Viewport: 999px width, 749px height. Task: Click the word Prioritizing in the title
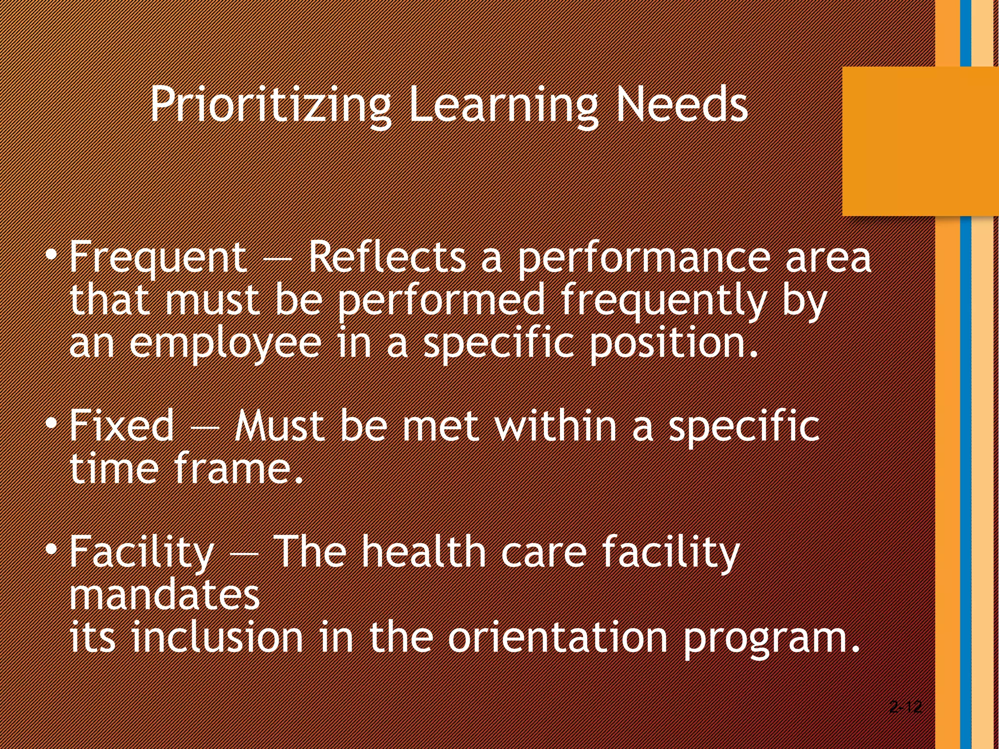pyautogui.click(x=270, y=105)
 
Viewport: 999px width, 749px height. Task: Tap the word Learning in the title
pyautogui.click(x=502, y=105)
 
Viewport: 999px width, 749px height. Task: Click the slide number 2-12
pyautogui.click(x=905, y=707)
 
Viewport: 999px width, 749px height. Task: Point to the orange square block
pyautogui.click(x=920, y=141)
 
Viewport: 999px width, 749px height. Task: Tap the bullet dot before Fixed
pyautogui.click(x=52, y=423)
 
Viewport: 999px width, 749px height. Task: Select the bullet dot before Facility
pyautogui.click(x=52, y=550)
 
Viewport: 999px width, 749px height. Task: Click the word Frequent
pyautogui.click(x=158, y=257)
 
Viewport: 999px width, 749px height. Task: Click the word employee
pyautogui.click(x=225, y=343)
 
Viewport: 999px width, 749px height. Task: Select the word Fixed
pyautogui.click(x=121, y=425)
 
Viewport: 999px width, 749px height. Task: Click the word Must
pyautogui.click(x=280, y=425)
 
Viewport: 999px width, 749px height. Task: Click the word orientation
pyautogui.click(x=557, y=637)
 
